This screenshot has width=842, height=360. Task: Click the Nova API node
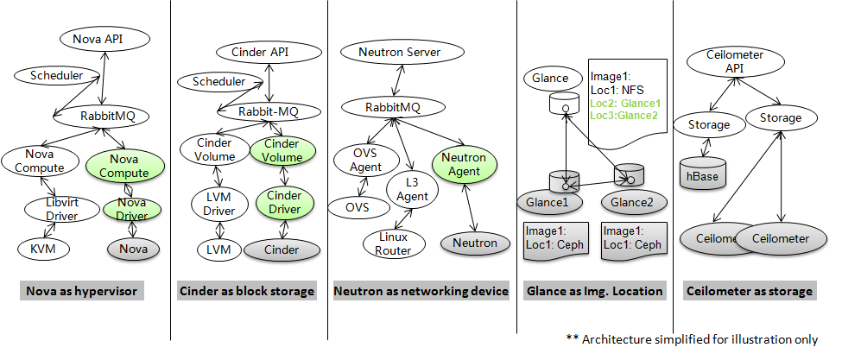coord(104,39)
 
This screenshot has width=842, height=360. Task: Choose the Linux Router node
coord(392,243)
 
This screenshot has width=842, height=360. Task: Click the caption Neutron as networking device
coord(421,291)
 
